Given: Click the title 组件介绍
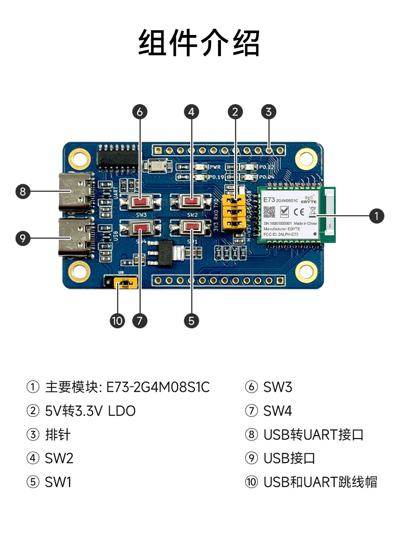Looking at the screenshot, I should coord(199,43).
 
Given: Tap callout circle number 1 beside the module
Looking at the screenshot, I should coord(376,216).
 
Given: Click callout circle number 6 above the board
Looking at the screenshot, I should coord(140,112).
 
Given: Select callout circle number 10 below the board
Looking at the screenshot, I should coord(117,321).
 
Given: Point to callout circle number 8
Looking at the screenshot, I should coord(23,192).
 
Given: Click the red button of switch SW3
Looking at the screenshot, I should coord(140,202).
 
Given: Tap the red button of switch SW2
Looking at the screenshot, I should coord(192,202).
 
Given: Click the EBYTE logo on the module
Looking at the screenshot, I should coord(308,199).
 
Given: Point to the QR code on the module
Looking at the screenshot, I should coord(269,212).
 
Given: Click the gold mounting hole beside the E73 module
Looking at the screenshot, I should coord(306,159).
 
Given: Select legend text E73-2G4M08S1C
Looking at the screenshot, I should coord(158,387).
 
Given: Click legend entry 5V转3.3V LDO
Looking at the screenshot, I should coord(90,411).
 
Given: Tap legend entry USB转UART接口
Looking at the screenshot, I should coord(313,434).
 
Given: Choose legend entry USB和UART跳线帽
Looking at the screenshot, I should coord(320,482).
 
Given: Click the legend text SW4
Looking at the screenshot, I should coord(277,411).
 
